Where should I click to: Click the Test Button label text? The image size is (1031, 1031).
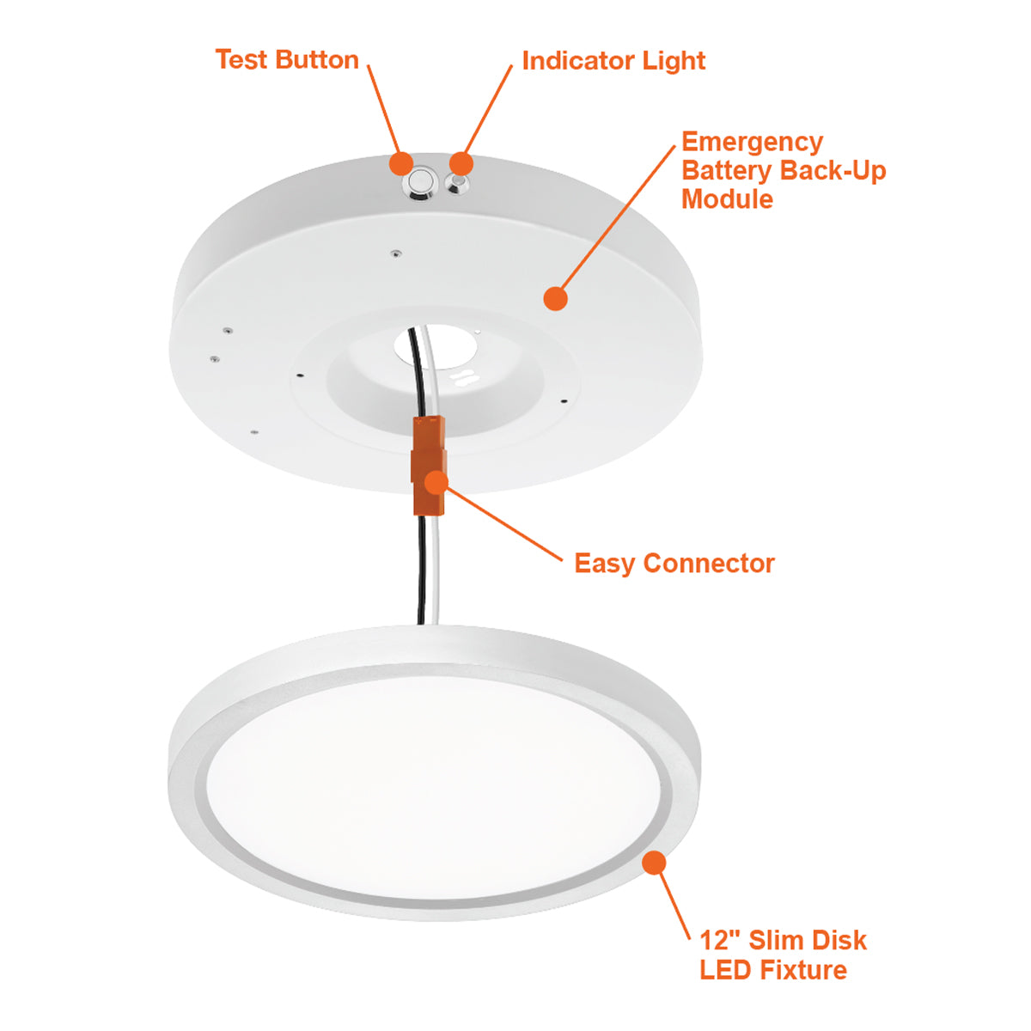click(x=287, y=59)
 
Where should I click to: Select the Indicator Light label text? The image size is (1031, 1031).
click(x=613, y=61)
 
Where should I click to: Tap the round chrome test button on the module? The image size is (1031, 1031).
click(x=421, y=182)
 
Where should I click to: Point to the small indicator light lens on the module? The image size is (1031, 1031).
click(x=457, y=184)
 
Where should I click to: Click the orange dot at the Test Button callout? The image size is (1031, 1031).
click(x=401, y=163)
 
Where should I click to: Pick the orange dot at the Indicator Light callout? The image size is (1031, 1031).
click(x=461, y=163)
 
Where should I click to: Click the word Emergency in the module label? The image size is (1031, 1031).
click(x=753, y=143)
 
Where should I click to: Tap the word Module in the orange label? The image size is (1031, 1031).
click(x=727, y=199)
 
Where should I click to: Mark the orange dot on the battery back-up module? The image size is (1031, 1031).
click(x=555, y=298)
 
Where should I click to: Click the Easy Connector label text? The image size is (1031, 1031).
click(x=674, y=564)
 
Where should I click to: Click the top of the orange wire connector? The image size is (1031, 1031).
click(x=429, y=418)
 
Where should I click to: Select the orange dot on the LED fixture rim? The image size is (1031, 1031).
click(x=653, y=863)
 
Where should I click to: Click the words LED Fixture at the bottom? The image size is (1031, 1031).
click(x=773, y=970)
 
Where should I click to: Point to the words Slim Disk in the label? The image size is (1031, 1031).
click(x=808, y=940)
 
